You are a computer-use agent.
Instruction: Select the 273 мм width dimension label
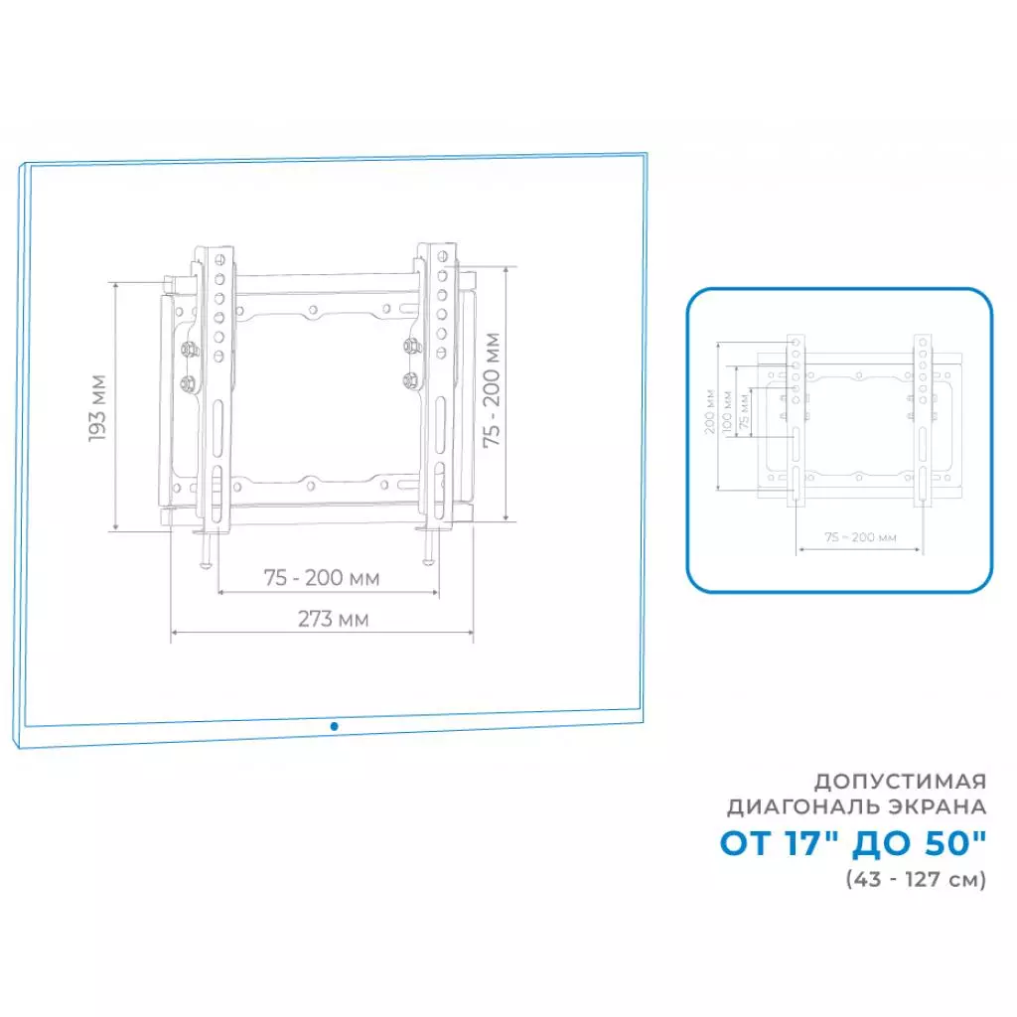[334, 619]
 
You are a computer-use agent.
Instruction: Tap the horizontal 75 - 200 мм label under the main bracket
[321, 577]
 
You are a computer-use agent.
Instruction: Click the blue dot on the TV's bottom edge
[334, 727]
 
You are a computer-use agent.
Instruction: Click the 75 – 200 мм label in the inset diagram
[861, 537]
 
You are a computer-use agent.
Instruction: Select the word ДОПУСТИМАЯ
[901, 779]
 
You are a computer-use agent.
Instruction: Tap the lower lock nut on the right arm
[410, 378]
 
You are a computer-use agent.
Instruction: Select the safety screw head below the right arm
[429, 562]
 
